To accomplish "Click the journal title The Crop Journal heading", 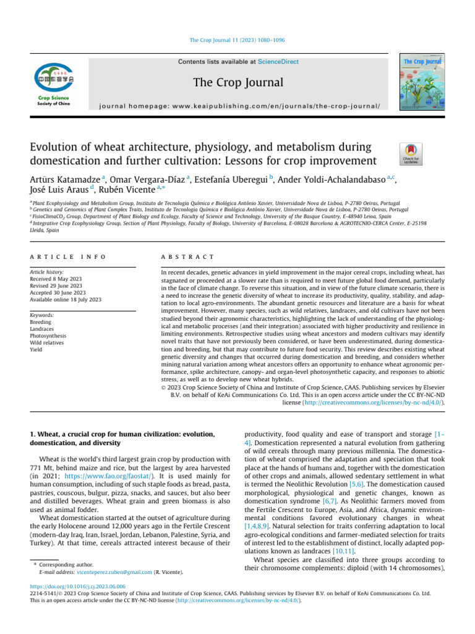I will click(x=237, y=82).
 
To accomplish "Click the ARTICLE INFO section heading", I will click(x=68, y=256).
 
